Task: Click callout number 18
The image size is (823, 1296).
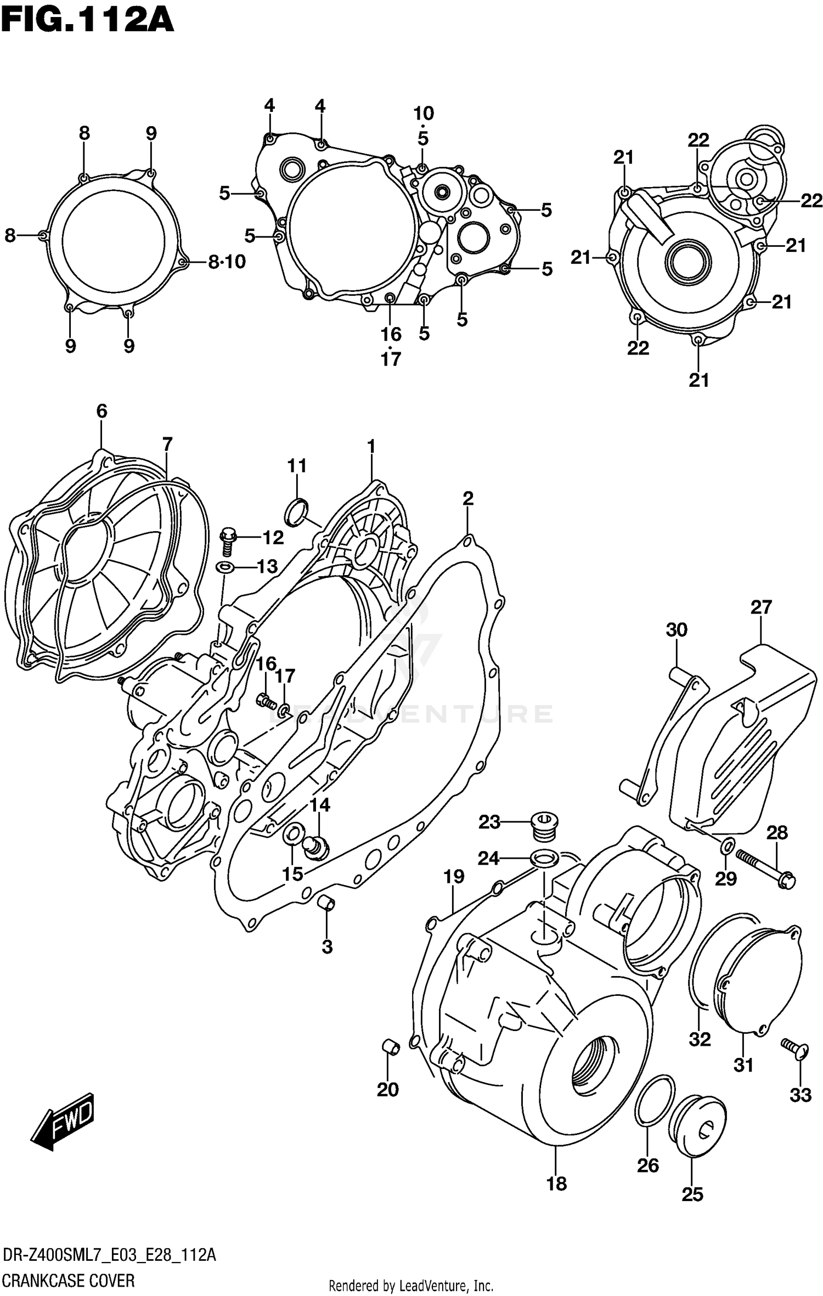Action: (556, 1184)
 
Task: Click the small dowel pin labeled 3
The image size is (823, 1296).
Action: (327, 902)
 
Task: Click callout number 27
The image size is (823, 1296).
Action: (761, 607)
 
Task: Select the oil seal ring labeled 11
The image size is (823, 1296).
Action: (297, 511)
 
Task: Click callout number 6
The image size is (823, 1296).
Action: (102, 411)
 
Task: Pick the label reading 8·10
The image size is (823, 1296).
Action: (227, 262)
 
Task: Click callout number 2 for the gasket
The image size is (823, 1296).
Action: (467, 498)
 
